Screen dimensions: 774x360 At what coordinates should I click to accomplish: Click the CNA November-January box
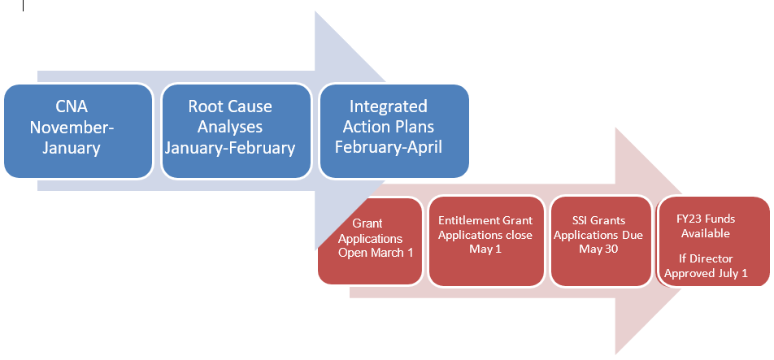(x=78, y=131)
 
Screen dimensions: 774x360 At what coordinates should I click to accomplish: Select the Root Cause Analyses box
(x=237, y=131)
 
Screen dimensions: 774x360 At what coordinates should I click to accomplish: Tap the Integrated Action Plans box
(x=394, y=131)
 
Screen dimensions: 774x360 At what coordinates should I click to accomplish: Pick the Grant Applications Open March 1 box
(x=370, y=241)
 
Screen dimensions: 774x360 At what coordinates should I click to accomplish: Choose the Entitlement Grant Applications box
(x=485, y=241)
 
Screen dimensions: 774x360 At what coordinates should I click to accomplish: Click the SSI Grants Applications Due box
(x=601, y=241)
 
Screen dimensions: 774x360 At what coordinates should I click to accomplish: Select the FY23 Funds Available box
(x=714, y=241)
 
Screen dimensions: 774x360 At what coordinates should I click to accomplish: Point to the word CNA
(x=72, y=106)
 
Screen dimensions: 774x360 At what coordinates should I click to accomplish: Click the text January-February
(x=230, y=148)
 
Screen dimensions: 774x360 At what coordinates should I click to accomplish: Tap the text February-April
(x=389, y=147)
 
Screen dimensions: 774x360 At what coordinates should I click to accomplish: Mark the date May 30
(x=598, y=249)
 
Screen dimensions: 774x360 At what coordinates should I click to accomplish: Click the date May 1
(x=485, y=249)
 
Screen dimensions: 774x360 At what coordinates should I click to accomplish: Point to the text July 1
(x=734, y=273)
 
